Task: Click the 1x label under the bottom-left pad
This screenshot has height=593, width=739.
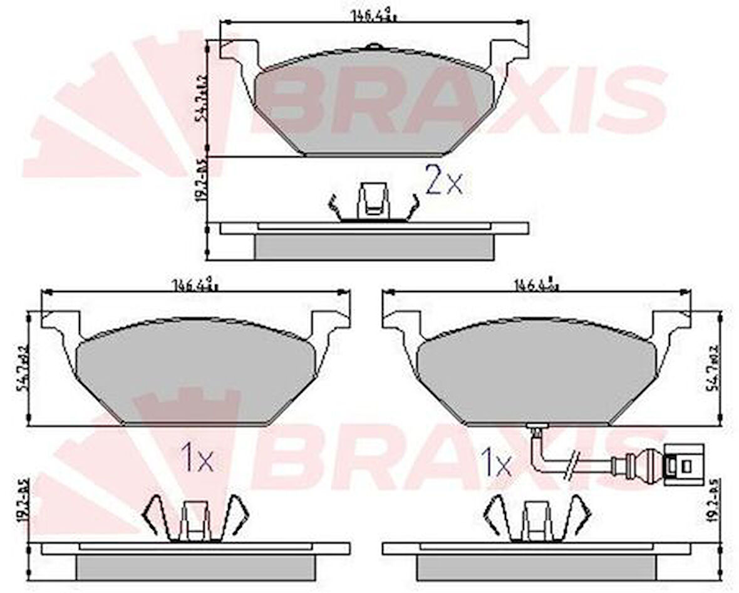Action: point(197,460)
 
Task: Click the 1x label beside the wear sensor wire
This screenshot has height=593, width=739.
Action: point(495,463)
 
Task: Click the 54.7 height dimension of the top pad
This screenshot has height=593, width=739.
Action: point(201,100)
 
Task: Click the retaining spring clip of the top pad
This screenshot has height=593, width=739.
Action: point(373,204)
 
